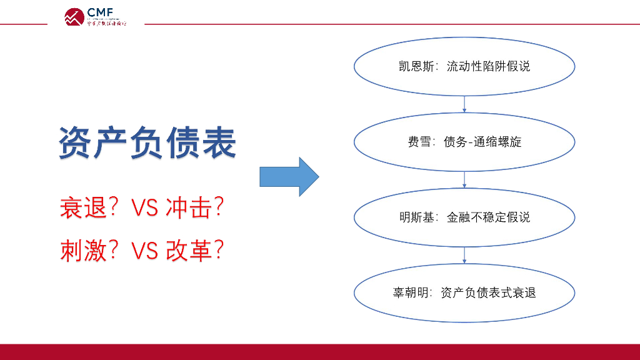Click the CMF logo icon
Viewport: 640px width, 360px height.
[74, 17]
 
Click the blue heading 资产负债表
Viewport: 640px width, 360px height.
[148, 142]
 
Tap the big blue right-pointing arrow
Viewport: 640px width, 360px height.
[289, 177]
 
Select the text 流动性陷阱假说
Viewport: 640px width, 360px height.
[488, 66]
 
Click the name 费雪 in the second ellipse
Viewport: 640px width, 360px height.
[419, 142]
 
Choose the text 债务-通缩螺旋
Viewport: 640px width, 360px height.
[482, 142]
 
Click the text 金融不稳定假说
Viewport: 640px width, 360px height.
[488, 217]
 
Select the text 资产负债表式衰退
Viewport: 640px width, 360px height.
[488, 292]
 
